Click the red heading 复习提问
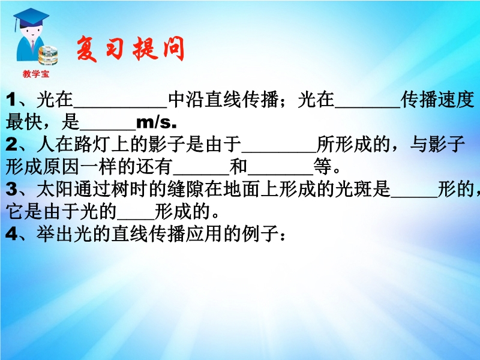click(x=130, y=49)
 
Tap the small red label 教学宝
click(x=36, y=74)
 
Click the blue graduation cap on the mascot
click(x=31, y=18)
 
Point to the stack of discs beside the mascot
click(x=48, y=55)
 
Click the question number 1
click(x=11, y=100)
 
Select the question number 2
click(x=11, y=144)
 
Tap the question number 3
click(x=11, y=189)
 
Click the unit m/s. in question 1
click(x=157, y=122)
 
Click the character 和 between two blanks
click(x=238, y=167)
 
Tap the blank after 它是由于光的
click(x=136, y=218)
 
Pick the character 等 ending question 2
click(x=323, y=167)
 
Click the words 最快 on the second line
click(x=24, y=122)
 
